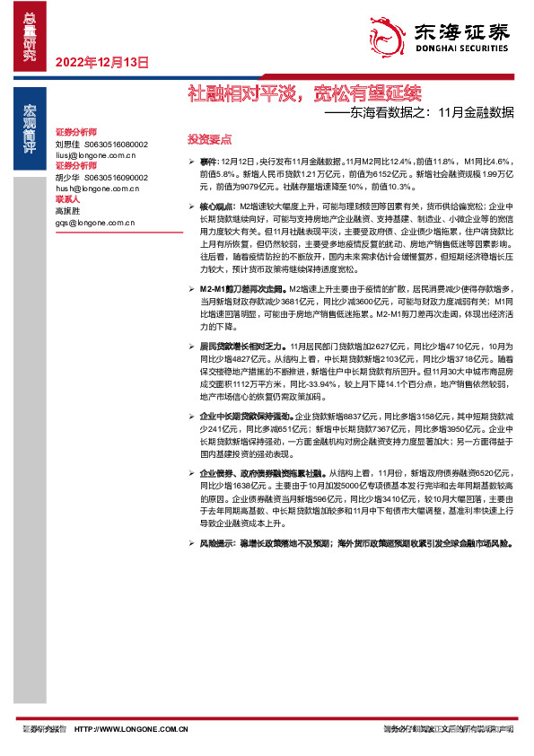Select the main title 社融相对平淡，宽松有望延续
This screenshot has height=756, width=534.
[x=303, y=92]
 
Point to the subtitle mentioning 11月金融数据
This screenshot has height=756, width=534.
[x=419, y=113]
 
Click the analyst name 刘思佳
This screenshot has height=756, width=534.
[x=67, y=144]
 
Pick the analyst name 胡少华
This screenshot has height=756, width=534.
[x=67, y=177]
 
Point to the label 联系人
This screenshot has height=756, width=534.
[x=67, y=198]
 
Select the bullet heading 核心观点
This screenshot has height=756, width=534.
[x=218, y=207]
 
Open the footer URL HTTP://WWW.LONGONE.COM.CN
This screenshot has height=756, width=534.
[x=131, y=729]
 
